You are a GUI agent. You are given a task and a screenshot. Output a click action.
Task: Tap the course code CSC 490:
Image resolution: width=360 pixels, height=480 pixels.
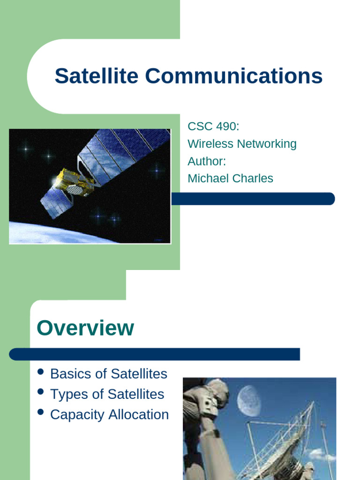pyautogui.click(x=213, y=126)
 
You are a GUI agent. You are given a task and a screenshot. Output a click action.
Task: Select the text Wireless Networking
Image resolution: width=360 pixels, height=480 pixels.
pyautogui.click(x=242, y=143)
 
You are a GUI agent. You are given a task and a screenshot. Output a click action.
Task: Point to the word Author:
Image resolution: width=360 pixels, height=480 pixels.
pyautogui.click(x=207, y=161)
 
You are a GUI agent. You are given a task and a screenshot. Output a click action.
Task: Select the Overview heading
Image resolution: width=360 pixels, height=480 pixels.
pyautogui.click(x=85, y=328)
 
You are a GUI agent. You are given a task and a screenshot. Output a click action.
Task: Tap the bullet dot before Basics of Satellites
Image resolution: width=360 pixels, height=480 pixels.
pyautogui.click(x=41, y=372)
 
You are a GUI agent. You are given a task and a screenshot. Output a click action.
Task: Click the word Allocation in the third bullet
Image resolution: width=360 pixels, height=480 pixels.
pyautogui.click(x=139, y=415)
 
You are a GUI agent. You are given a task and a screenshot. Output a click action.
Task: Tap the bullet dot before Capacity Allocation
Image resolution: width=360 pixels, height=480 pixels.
pyautogui.click(x=41, y=412)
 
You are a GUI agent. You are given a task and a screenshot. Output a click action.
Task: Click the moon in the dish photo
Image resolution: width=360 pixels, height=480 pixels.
pyautogui.click(x=248, y=401)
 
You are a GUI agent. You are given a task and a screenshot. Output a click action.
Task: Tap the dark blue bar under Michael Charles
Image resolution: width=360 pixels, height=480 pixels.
pyautogui.click(x=253, y=199)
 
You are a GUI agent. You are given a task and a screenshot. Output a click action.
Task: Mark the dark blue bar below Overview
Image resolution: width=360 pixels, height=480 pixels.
pyautogui.click(x=155, y=354)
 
